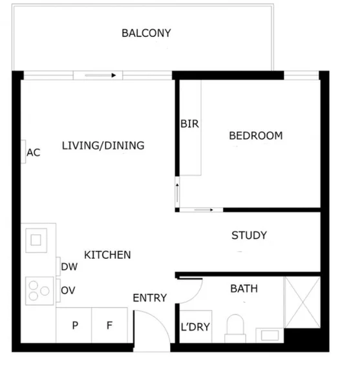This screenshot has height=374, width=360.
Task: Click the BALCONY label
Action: [x=146, y=33]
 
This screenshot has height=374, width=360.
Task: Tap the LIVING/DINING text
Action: [x=103, y=146]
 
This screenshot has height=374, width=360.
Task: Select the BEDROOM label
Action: [x=256, y=136]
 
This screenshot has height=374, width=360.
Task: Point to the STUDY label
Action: [x=249, y=236]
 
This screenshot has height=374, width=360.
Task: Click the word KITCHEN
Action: [x=107, y=255]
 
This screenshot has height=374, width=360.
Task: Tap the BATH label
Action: [x=244, y=289]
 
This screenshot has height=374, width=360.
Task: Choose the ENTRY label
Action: [x=149, y=298]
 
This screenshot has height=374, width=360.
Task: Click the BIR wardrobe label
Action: [x=189, y=124]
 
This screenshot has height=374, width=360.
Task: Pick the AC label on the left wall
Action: [x=34, y=153]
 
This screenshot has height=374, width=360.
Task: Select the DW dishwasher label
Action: [x=69, y=267]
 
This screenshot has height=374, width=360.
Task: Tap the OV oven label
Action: [x=68, y=291]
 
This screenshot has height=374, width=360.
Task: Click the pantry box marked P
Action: [x=75, y=325]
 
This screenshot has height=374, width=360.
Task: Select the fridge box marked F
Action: [x=109, y=325]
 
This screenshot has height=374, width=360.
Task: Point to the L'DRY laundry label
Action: [x=195, y=327]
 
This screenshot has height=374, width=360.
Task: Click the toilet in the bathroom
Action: [x=235, y=327]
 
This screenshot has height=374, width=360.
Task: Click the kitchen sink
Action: [x=37, y=241]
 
